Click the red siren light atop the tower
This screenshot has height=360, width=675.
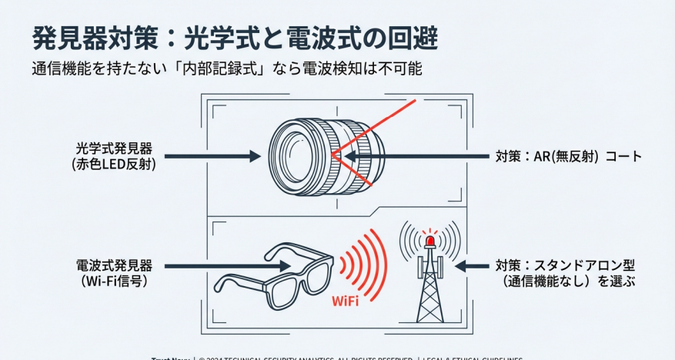click(x=430, y=239)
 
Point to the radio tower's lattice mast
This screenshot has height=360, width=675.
click(x=429, y=288)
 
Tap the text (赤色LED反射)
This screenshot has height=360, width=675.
click(x=114, y=163)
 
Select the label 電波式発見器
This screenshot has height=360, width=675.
click(x=114, y=265)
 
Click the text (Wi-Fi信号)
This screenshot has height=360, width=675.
click(x=114, y=281)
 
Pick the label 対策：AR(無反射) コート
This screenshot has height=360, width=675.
click(x=568, y=156)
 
